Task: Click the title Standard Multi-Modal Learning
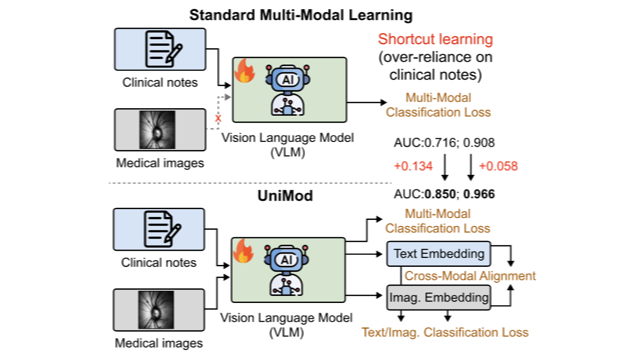[301, 16]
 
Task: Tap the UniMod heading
[285, 196]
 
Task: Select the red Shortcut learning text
[435, 39]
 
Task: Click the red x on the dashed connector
[218, 118]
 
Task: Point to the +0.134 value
[413, 167]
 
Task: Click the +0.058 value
[498, 167]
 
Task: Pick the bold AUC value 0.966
[479, 194]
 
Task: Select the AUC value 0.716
[440, 143]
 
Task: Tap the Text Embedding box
[438, 253]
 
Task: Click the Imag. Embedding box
[438, 298]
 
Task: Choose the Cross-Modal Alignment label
[470, 276]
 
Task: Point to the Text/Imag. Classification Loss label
[445, 332]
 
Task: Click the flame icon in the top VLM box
[244, 71]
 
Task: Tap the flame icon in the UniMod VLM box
[243, 251]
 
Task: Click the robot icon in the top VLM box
[288, 90]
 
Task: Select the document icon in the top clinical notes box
[164, 49]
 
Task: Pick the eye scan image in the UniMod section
[156, 310]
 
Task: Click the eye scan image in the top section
[157, 130]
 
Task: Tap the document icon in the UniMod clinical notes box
[162, 229]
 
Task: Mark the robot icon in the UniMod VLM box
[287, 270]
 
